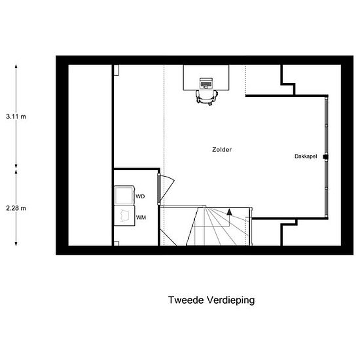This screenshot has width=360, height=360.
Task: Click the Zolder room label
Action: click(x=221, y=150)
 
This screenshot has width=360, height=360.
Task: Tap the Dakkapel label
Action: click(x=306, y=156)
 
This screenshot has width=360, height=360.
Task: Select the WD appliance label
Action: click(x=140, y=196)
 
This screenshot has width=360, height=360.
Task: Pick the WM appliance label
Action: click(x=141, y=217)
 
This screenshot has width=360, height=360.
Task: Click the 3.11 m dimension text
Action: click(x=16, y=117)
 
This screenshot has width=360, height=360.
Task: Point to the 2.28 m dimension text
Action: click(x=16, y=208)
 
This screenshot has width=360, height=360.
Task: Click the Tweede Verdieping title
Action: click(x=211, y=300)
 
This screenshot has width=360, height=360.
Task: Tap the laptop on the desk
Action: click(x=206, y=83)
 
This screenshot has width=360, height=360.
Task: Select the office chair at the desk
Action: click(x=207, y=98)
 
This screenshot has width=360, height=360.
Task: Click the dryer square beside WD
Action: click(x=124, y=196)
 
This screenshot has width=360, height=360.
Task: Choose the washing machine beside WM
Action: click(x=124, y=216)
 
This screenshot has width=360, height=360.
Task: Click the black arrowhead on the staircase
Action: click(x=229, y=212)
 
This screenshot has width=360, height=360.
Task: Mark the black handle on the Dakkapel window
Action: click(x=325, y=157)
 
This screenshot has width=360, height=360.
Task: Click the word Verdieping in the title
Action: click(x=231, y=300)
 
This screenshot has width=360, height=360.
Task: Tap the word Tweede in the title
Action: click(x=186, y=300)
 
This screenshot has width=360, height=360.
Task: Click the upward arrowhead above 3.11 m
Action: click(x=16, y=67)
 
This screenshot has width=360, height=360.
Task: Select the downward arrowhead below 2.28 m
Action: click(x=16, y=244)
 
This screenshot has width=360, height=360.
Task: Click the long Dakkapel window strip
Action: click(x=326, y=157)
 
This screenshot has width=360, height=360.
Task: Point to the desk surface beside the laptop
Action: click(x=221, y=77)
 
